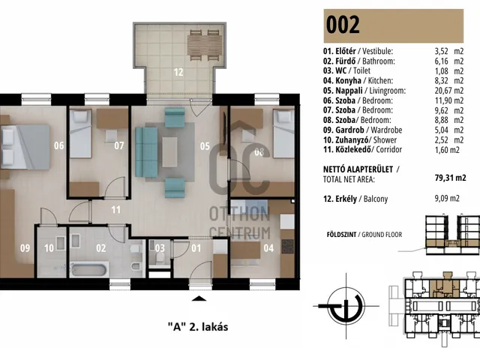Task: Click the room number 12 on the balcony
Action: (178, 72)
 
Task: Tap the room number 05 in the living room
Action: (205, 146)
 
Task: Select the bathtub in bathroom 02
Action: (89, 269)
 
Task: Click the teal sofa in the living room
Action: (146, 152)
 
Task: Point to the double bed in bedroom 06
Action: (25, 147)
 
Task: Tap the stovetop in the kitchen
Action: (287, 247)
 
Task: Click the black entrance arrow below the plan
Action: (199, 298)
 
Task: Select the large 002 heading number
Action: (343, 25)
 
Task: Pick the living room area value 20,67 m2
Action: (449, 91)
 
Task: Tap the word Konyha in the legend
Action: (348, 80)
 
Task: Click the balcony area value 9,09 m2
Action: (447, 198)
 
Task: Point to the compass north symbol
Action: (346, 306)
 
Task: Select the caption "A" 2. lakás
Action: (198, 327)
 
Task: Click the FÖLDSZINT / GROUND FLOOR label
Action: (364, 235)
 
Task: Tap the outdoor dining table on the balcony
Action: (205, 45)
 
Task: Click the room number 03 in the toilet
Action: (160, 247)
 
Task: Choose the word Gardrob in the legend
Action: (349, 130)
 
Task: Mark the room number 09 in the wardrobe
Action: (25, 247)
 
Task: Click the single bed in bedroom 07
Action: (80, 133)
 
